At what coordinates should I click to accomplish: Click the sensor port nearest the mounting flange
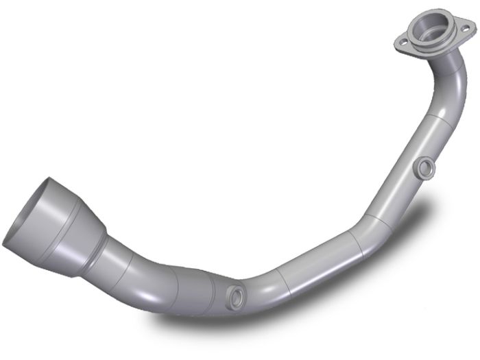pos(424,167)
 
